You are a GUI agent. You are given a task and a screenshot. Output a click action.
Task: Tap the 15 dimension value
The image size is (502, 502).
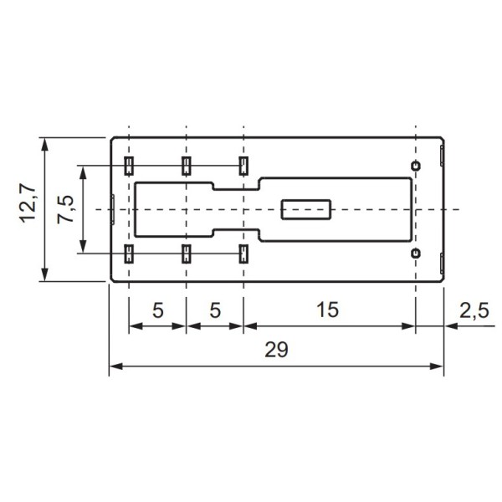(328, 310)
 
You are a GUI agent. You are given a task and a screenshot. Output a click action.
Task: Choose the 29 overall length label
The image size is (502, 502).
(275, 351)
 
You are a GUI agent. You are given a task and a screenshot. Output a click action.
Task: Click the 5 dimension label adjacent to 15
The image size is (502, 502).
(214, 310)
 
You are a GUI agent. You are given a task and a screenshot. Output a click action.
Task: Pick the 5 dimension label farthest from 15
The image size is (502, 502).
(157, 310)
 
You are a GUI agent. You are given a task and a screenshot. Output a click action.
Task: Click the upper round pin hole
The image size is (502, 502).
(415, 165)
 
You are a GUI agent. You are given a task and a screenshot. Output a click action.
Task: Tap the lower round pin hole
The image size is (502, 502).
(415, 253)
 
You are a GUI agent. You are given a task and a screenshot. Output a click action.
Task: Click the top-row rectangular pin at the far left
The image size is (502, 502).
(129, 164)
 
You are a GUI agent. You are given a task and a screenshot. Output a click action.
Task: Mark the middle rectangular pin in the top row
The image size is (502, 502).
(186, 164)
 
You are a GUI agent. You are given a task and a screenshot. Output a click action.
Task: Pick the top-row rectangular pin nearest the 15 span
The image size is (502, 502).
(243, 164)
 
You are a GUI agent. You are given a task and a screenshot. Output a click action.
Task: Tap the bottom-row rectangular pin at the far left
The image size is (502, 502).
(129, 254)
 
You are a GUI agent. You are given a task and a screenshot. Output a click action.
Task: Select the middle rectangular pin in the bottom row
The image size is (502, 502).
(186, 254)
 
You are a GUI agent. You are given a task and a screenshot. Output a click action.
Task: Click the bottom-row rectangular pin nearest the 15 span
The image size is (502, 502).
(243, 254)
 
